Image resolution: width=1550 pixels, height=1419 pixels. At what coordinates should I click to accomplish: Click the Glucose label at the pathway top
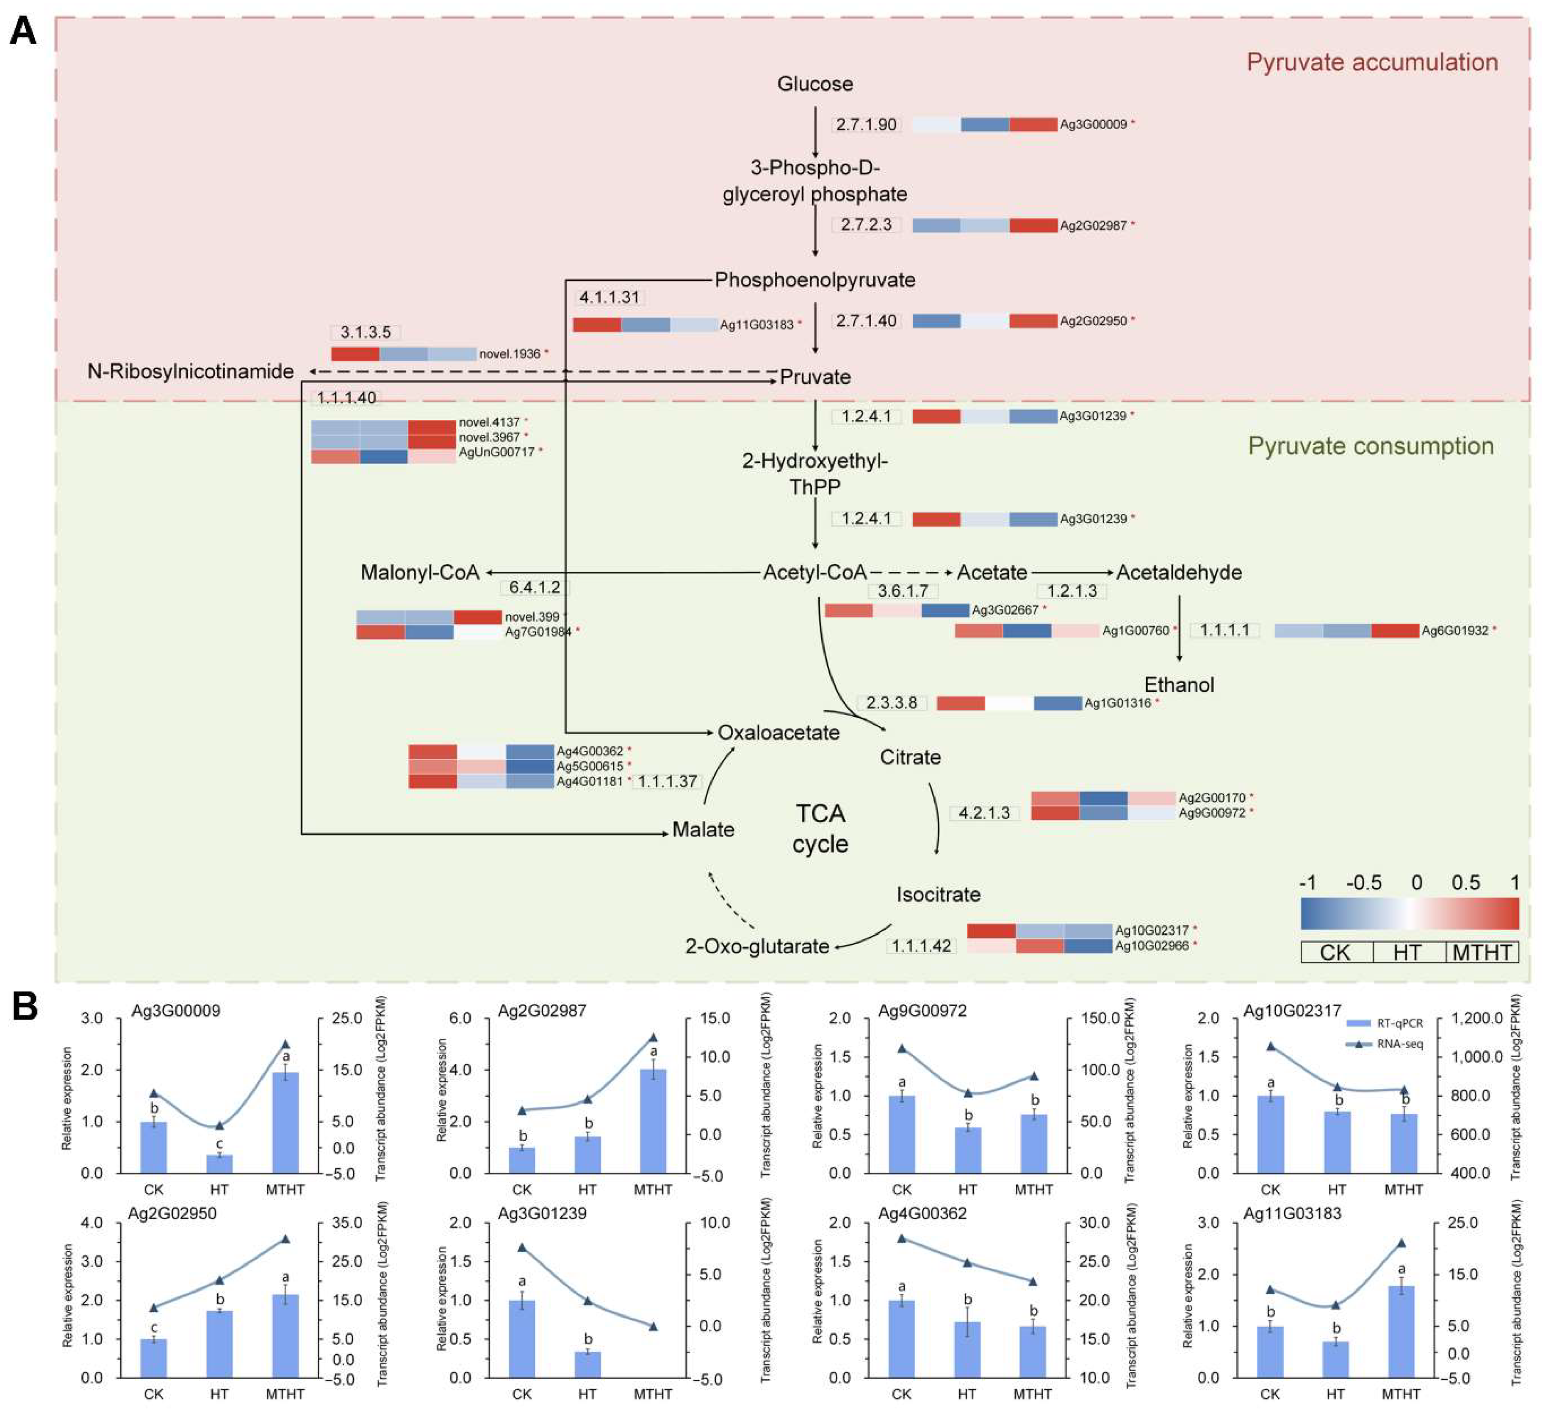815,84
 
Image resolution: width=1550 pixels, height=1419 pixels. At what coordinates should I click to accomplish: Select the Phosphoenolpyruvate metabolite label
815,280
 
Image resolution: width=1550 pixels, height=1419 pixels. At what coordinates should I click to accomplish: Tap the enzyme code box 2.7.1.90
867,125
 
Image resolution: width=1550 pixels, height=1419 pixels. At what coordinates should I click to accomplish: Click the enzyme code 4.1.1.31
609,297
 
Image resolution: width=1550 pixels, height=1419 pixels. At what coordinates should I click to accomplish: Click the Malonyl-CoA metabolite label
420,573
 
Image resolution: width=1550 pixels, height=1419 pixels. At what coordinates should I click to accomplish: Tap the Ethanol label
1179,685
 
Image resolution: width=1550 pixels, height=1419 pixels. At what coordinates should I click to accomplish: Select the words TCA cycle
820,828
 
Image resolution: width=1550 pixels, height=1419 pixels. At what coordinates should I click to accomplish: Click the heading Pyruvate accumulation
1372,62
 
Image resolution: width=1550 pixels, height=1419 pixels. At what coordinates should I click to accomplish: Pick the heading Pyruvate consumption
1370,446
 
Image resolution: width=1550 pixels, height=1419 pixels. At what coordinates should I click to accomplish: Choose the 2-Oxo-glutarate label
757,946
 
